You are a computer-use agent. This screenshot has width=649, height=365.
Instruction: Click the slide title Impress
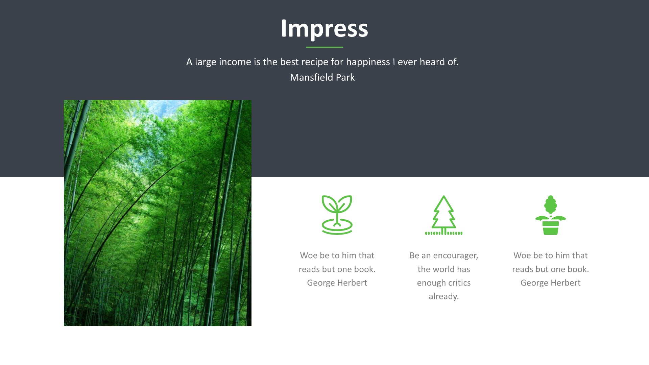click(324, 29)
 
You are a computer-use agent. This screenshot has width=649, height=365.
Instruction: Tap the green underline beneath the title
click(324, 47)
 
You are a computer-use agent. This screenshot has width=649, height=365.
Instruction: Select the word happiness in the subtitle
click(368, 62)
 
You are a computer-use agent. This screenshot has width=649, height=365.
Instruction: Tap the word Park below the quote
click(345, 77)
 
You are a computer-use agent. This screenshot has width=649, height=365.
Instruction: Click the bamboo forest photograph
click(158, 213)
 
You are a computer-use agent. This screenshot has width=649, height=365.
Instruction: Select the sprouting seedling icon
click(337, 215)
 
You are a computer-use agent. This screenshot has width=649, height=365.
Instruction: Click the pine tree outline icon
click(444, 215)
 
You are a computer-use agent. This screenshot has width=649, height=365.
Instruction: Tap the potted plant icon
click(551, 215)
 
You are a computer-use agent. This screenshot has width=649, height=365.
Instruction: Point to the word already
click(444, 297)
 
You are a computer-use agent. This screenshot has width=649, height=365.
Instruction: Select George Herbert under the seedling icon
click(337, 283)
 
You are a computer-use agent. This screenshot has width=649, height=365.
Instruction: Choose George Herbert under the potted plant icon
click(551, 283)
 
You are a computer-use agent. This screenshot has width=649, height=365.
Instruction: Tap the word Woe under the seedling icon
click(309, 255)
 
